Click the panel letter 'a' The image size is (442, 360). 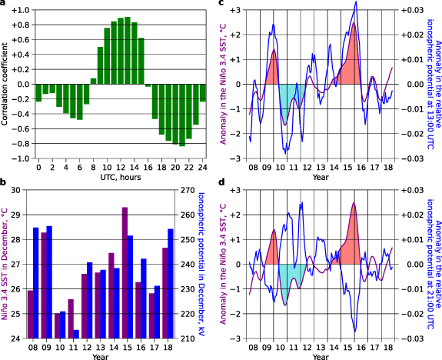click(4, 5)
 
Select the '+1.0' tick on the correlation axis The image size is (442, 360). click(20, 10)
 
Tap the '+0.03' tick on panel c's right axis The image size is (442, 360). click(411, 10)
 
